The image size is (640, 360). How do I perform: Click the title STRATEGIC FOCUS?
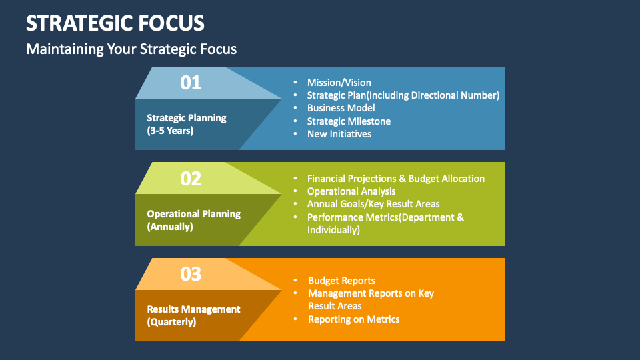(x=115, y=23)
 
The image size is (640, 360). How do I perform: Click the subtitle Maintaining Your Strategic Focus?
(x=131, y=49)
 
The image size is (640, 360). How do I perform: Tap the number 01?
(x=191, y=83)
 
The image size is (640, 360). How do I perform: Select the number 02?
(x=191, y=179)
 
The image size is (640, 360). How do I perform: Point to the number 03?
(x=191, y=274)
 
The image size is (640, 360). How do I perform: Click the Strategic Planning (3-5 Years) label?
(x=187, y=124)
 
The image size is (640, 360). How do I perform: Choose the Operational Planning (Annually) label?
(x=193, y=220)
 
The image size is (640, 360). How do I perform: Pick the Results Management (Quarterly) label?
(x=193, y=315)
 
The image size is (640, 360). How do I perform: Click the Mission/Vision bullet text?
(x=339, y=83)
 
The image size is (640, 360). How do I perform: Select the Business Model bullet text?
(x=341, y=108)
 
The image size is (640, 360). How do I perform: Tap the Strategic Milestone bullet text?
(x=349, y=121)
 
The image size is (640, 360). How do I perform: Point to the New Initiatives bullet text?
(x=339, y=134)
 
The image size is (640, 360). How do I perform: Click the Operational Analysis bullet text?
(x=351, y=191)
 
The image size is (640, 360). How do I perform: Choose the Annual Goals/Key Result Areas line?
(x=373, y=204)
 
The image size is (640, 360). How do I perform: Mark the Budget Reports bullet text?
(x=341, y=281)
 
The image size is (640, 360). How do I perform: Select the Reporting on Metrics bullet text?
(x=353, y=319)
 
